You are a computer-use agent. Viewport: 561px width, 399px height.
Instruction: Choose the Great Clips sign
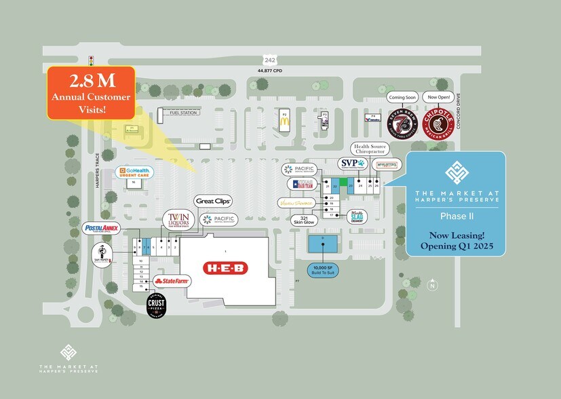(x=214, y=201)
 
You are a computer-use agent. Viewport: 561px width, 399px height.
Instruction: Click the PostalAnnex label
(x=102, y=228)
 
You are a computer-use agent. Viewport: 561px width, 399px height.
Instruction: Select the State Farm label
(x=172, y=280)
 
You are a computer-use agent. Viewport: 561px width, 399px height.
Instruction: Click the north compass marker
(x=431, y=286)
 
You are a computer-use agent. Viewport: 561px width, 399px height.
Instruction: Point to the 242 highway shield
(x=271, y=60)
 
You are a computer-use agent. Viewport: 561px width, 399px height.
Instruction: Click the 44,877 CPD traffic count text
(x=271, y=70)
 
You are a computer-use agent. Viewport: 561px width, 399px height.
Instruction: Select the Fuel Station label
(x=182, y=113)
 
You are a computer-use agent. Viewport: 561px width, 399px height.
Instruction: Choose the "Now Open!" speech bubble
(x=438, y=97)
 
